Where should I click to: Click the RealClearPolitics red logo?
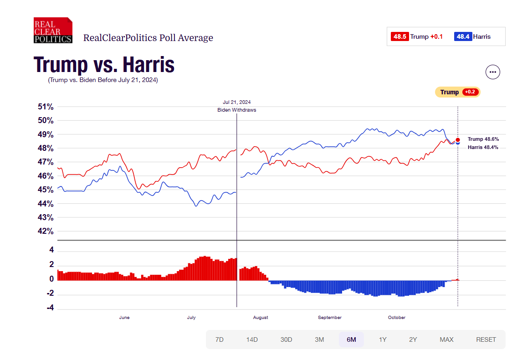click(x=53, y=31)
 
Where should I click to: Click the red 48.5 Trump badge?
click(x=399, y=36)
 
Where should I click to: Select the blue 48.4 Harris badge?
click(x=463, y=36)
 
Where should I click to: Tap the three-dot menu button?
click(x=493, y=72)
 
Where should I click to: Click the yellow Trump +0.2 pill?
click(x=457, y=92)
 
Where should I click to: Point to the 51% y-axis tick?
click(x=46, y=107)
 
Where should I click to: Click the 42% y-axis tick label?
click(x=46, y=231)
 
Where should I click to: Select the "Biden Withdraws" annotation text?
click(x=237, y=110)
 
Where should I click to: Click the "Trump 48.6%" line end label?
click(x=483, y=139)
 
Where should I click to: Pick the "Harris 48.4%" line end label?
click(x=482, y=147)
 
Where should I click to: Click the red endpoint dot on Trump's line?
click(x=458, y=140)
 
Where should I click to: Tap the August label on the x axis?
click(x=261, y=318)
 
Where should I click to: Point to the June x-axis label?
click(x=124, y=318)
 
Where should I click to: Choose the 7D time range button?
click(x=220, y=340)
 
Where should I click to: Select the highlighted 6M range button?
click(x=351, y=340)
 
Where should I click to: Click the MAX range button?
click(x=446, y=340)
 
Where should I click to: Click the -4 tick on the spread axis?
click(x=50, y=308)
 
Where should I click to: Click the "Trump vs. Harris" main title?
click(x=104, y=64)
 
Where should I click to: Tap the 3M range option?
click(x=319, y=340)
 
